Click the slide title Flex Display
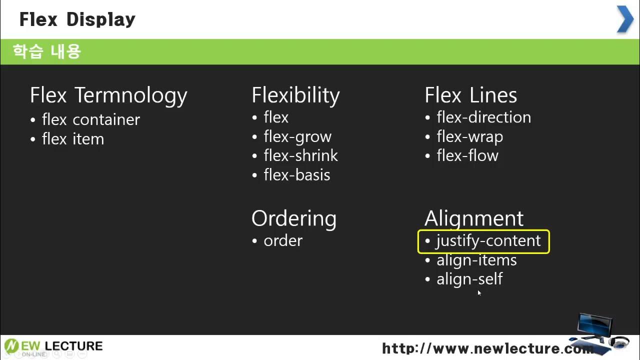point(77,19)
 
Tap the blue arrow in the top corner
point(625,19)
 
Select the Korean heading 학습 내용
point(46,51)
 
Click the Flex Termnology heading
point(108,95)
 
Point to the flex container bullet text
point(90,119)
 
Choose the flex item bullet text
point(73,139)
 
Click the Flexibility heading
point(295,95)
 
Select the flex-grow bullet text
point(297,136)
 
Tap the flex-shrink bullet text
point(300,155)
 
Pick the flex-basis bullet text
point(297,175)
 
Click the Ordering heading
point(294,218)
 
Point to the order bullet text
point(283,240)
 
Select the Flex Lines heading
point(470,95)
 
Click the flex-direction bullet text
point(483,117)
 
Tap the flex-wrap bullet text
point(469,136)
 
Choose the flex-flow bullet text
point(467,155)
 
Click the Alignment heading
point(473,218)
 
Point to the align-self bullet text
point(469,279)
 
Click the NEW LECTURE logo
point(53,346)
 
